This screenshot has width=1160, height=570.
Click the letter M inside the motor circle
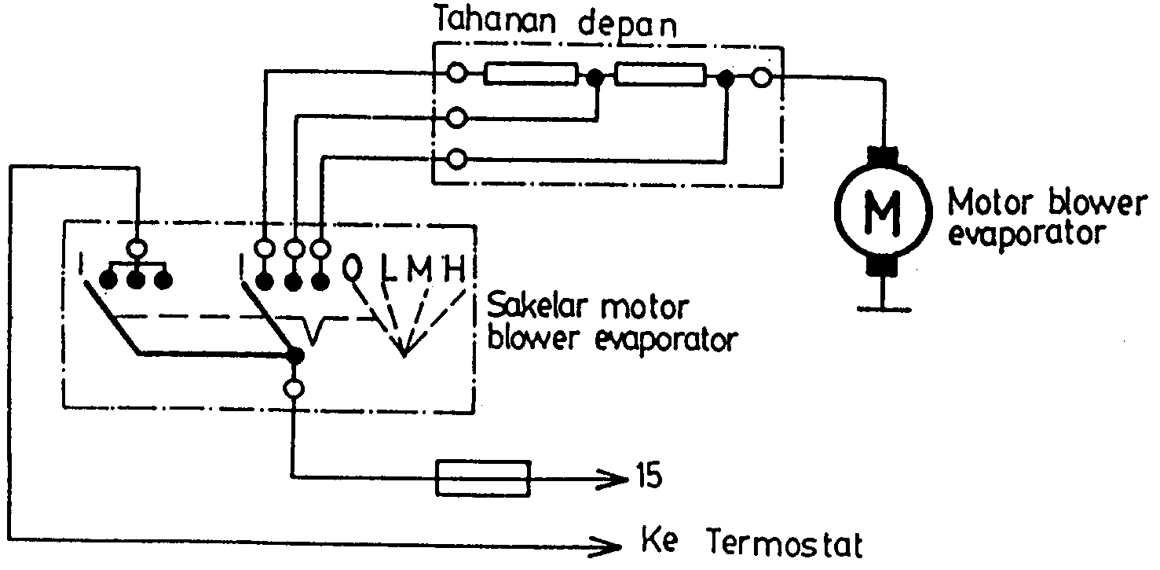tap(883, 211)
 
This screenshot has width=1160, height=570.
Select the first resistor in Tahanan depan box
tap(531, 76)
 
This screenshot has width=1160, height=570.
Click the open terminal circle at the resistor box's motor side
tap(760, 77)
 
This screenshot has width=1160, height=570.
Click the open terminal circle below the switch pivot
tap(294, 388)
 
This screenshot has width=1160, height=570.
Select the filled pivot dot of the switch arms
tap(295, 355)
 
